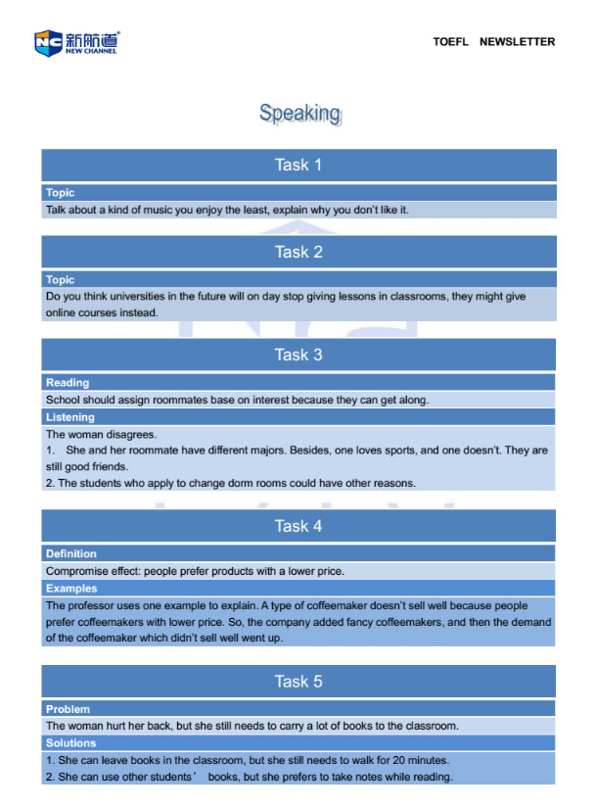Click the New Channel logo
click(76, 42)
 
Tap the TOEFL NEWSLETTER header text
click(493, 42)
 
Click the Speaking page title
click(299, 114)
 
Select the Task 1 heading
click(298, 165)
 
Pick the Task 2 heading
click(298, 252)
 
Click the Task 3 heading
click(298, 355)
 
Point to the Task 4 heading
click(298, 526)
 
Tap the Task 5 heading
click(298, 681)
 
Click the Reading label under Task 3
click(68, 383)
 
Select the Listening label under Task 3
click(70, 417)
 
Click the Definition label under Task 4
click(71, 553)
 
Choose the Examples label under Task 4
click(71, 589)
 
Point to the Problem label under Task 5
click(68, 708)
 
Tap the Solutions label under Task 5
click(71, 743)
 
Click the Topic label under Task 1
click(60, 193)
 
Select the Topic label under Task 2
click(60, 280)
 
